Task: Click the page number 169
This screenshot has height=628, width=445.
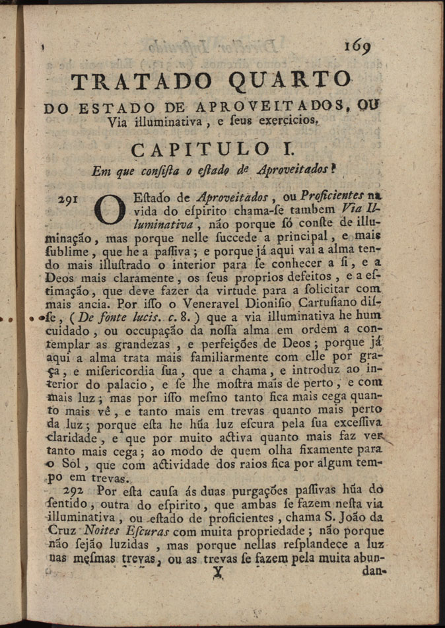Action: tap(357, 46)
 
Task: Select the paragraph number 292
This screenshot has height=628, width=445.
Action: tap(79, 491)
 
